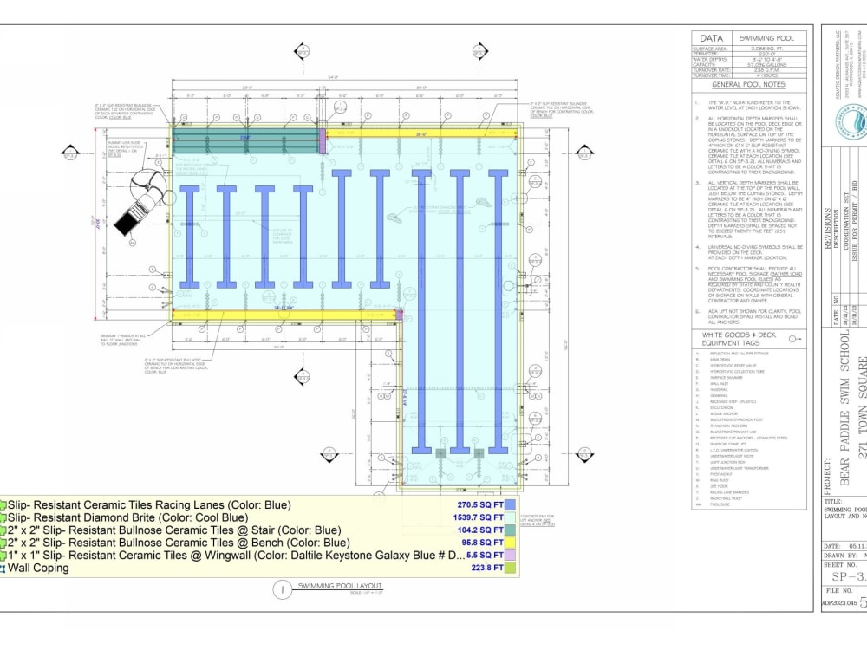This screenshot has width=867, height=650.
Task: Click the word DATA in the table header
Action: click(x=713, y=39)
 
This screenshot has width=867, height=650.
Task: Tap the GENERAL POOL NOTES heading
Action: click(x=748, y=85)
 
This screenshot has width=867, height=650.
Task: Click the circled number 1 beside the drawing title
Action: click(x=281, y=590)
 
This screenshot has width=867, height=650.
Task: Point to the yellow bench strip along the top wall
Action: click(x=420, y=133)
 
